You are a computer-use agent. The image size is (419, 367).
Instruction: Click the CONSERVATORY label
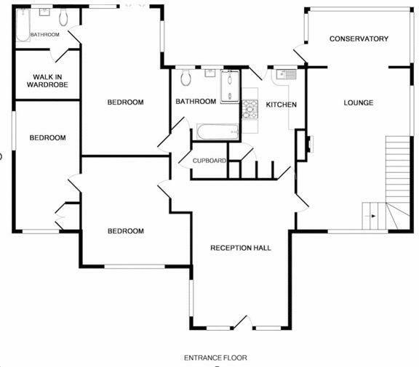pos(359,39)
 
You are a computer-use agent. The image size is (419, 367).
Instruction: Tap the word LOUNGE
pos(359,102)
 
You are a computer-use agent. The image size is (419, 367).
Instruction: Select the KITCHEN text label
pos(281,105)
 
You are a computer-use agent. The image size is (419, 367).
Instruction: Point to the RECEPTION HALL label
pos(240,248)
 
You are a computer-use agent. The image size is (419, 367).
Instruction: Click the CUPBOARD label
pos(209,161)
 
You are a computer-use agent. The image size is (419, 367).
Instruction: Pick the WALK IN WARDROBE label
pos(47,80)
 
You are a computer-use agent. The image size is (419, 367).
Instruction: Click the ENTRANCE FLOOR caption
pos(215,358)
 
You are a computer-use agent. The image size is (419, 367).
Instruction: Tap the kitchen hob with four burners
pos(250,108)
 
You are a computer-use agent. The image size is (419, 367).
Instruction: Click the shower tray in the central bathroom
pos(230,86)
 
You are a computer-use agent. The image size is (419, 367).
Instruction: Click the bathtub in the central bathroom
pos(216,131)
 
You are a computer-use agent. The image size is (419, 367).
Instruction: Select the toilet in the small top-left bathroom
pos(64,17)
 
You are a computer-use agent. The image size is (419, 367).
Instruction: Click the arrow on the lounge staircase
pos(372,216)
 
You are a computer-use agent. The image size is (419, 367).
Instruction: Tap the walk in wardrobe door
pos(71,58)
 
